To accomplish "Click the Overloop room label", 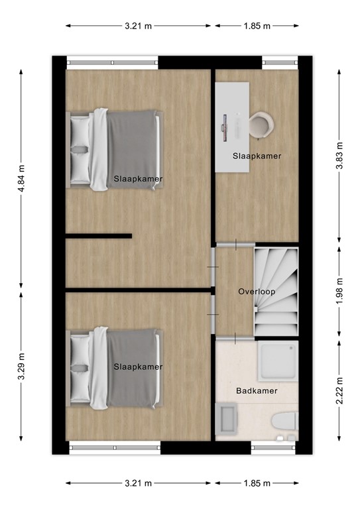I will (x=257, y=292).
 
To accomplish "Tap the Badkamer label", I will (x=257, y=391).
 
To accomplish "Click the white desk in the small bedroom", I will (x=233, y=126).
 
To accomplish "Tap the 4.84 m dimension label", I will (x=22, y=178).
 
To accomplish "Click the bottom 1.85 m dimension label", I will (x=257, y=483).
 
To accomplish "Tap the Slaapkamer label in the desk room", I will (x=257, y=156).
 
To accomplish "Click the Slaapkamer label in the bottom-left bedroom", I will (x=138, y=367).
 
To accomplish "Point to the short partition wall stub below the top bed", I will (x=99, y=235).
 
